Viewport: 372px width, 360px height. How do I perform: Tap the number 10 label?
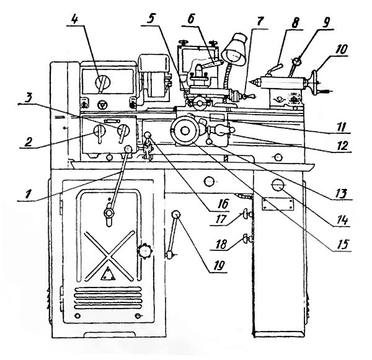pos(342,49)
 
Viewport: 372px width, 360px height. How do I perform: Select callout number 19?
pos(218,266)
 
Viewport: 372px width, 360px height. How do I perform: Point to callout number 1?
pos(29,194)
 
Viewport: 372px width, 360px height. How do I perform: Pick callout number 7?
pos(259,22)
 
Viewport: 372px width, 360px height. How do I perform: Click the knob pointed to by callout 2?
pos(99,132)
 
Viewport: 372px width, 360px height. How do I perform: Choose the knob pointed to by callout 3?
pos(123,131)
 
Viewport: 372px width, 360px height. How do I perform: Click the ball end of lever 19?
pos(176,214)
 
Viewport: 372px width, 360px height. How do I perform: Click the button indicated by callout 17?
pos(246,214)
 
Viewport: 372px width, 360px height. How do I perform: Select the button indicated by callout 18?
pos(246,239)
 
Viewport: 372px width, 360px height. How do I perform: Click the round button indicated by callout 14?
pos(278,185)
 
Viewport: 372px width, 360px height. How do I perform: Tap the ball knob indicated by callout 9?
pos(296,61)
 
